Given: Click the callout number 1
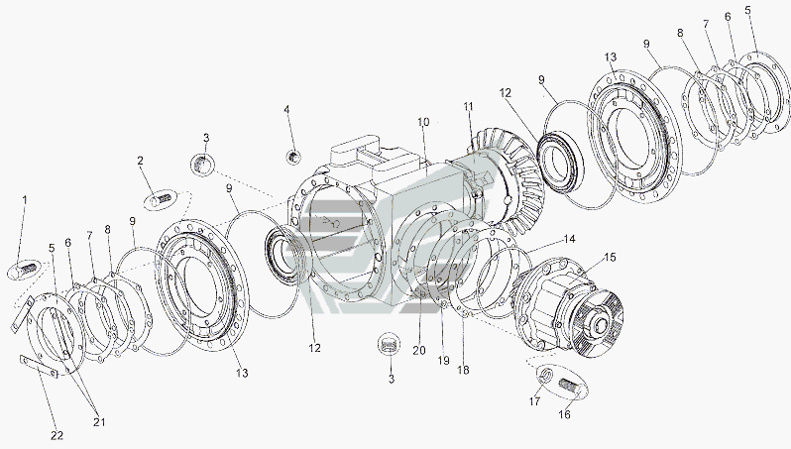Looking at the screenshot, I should tap(26, 201).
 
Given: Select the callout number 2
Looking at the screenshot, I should tap(141, 160).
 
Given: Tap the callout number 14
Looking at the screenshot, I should tap(569, 240).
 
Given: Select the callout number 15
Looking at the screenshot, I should tap(610, 258).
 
